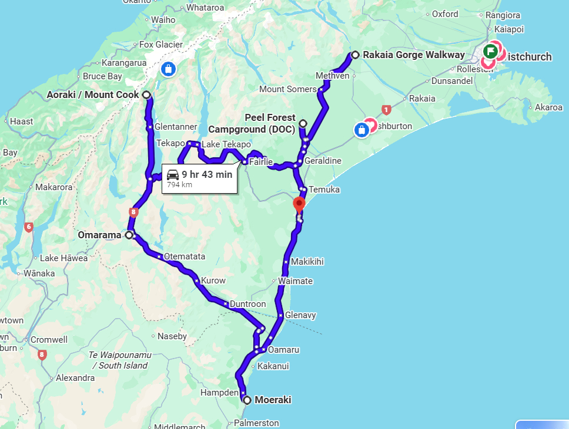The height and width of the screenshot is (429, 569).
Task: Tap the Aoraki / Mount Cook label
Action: (x=93, y=94)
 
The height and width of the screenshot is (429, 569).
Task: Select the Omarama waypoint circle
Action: (x=129, y=235)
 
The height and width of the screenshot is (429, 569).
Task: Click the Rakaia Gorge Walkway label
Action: (x=413, y=55)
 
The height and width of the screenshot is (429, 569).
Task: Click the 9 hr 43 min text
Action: (x=207, y=174)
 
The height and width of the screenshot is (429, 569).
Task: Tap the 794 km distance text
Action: (x=179, y=184)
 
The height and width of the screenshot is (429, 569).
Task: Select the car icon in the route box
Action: (x=173, y=174)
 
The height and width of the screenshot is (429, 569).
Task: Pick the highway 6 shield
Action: (x=28, y=227)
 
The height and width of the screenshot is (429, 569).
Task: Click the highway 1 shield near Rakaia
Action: (x=386, y=109)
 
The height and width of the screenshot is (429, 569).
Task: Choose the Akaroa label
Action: (x=548, y=107)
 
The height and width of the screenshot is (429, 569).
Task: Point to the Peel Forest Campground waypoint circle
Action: (x=303, y=123)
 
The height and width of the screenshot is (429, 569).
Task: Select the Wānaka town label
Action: (x=39, y=273)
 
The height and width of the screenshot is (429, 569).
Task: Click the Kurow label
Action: (x=213, y=281)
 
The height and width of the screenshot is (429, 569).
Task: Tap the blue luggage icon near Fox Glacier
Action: (x=168, y=69)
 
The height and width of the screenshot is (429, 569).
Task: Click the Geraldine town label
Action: (x=323, y=161)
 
